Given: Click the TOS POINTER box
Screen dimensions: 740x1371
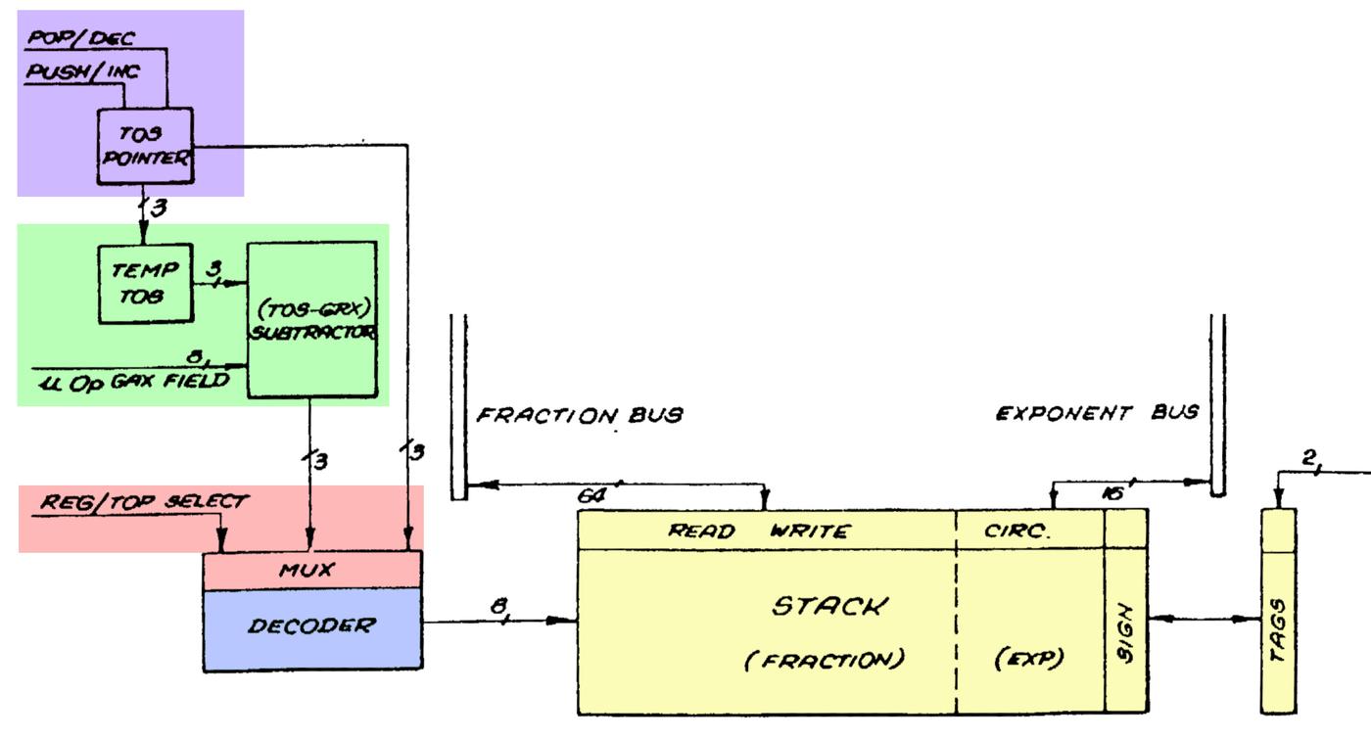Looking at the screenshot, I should [x=144, y=146].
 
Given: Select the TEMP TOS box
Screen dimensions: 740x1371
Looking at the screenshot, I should [x=144, y=283].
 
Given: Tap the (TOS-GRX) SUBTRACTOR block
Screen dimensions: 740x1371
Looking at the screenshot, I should [x=311, y=319].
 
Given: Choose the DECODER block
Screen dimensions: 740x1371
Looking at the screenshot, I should [x=310, y=626].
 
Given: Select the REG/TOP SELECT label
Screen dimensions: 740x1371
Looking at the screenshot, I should [x=144, y=502].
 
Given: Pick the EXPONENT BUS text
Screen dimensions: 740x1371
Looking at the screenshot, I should [x=1097, y=413].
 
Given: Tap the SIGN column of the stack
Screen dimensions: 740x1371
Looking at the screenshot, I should [x=1125, y=626].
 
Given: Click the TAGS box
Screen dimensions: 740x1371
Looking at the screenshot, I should [x=1278, y=611].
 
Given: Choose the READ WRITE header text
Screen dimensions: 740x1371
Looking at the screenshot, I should [x=759, y=532].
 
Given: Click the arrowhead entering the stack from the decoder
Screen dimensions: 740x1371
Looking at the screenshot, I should [x=568, y=620].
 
